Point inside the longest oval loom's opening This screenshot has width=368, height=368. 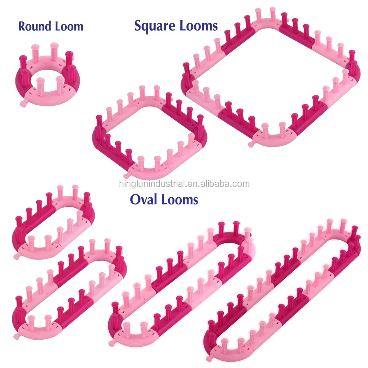[x=280, y=291]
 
